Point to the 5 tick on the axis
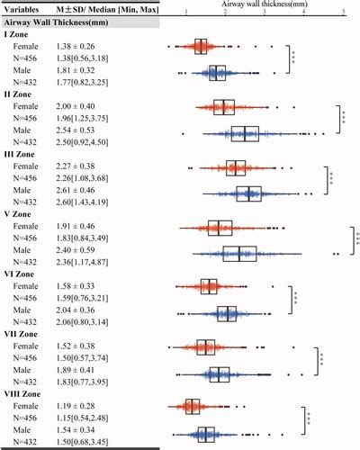click(x=344, y=13)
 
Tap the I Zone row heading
click(x=18, y=32)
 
